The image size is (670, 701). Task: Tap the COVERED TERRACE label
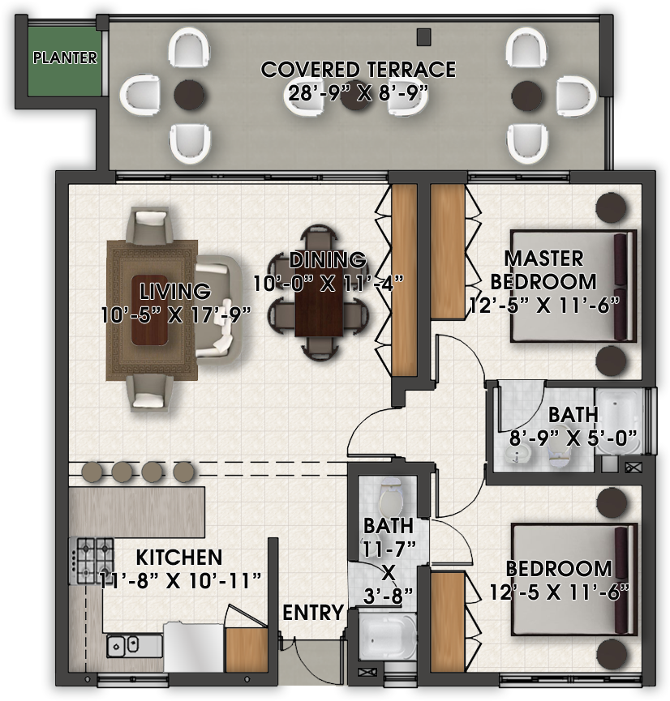tap(358, 70)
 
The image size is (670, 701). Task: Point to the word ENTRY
tap(313, 613)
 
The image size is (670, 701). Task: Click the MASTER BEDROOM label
tap(544, 270)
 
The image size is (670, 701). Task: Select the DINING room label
tap(328, 260)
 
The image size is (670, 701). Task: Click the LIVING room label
tap(174, 291)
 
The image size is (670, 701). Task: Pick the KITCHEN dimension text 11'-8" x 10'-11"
tap(179, 579)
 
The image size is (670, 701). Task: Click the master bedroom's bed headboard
tap(624, 287)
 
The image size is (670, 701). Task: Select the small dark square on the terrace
tap(423, 36)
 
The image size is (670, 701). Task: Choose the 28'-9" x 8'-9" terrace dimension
tap(358, 92)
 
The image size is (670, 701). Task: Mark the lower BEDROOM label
tap(559, 568)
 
